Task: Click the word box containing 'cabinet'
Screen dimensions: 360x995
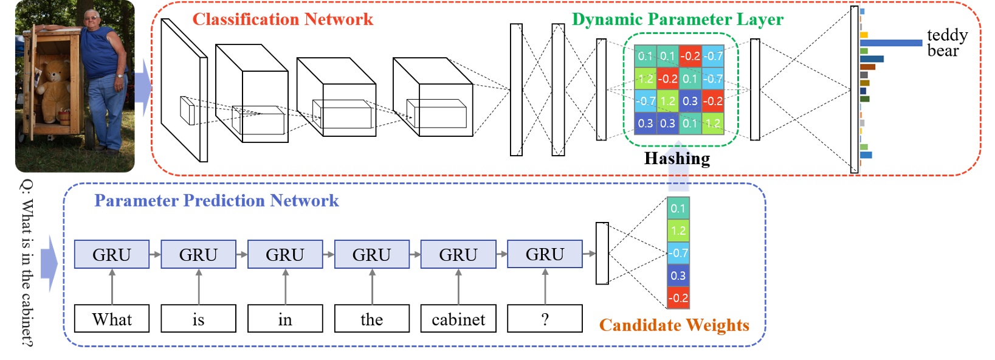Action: (x=458, y=319)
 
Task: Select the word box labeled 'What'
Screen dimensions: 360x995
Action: (x=112, y=319)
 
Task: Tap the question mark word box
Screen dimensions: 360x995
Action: (x=545, y=319)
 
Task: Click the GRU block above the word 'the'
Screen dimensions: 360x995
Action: (x=371, y=254)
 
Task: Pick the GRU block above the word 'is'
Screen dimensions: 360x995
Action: (x=198, y=254)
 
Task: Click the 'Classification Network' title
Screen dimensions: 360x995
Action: (x=283, y=19)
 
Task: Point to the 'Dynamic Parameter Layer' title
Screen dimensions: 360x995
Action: (x=677, y=19)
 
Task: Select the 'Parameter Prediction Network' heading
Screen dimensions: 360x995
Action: (x=216, y=201)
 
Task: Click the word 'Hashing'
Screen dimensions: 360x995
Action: (x=677, y=159)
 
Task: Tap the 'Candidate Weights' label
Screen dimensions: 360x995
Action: (x=674, y=325)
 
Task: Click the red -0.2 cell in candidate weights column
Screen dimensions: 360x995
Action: (x=678, y=298)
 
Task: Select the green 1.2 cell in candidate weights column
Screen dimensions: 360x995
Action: (x=678, y=230)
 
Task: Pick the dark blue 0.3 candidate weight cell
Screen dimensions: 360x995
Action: (x=678, y=275)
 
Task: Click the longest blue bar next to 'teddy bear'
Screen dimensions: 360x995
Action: (x=890, y=43)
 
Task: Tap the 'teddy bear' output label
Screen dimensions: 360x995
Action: (x=946, y=43)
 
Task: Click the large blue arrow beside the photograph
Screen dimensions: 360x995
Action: (x=143, y=88)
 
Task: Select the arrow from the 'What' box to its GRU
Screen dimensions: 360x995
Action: (x=112, y=286)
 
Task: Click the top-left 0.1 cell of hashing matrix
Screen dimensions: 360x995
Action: (x=645, y=56)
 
